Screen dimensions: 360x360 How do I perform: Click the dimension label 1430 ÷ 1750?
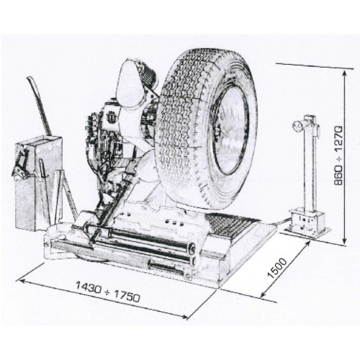[107, 292]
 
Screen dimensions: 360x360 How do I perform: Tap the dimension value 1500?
[277, 268]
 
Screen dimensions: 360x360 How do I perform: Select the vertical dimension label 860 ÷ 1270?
[339, 156]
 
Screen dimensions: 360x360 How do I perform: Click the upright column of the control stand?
[310, 166]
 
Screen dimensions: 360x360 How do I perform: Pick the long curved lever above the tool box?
[40, 106]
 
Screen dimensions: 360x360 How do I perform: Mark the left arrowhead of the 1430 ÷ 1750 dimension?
[22, 280]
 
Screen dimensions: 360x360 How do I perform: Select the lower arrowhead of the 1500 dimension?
[263, 295]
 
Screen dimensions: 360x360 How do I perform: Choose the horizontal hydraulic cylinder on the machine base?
[142, 239]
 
